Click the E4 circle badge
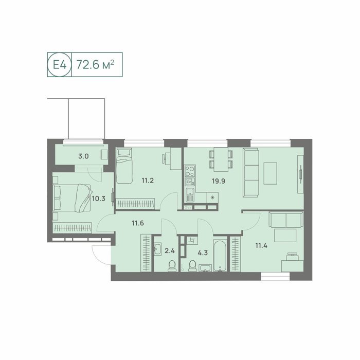click(x=60, y=64)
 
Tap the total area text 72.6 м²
click(x=95, y=64)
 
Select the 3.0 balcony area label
click(x=83, y=156)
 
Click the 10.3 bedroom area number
click(x=99, y=199)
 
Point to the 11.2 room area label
click(x=148, y=181)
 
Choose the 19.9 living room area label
click(x=219, y=181)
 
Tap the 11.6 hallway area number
click(x=138, y=223)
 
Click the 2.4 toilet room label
click(x=170, y=251)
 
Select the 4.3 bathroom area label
click(x=203, y=253)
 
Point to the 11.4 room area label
click(x=261, y=246)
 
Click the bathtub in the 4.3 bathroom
click(x=220, y=256)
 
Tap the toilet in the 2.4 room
click(x=172, y=266)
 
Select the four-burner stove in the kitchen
click(x=190, y=171)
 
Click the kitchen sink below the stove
click(x=190, y=195)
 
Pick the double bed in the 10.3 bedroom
click(x=72, y=197)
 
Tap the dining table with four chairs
click(x=221, y=159)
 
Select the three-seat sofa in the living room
click(x=251, y=172)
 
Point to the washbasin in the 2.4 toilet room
click(x=157, y=249)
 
